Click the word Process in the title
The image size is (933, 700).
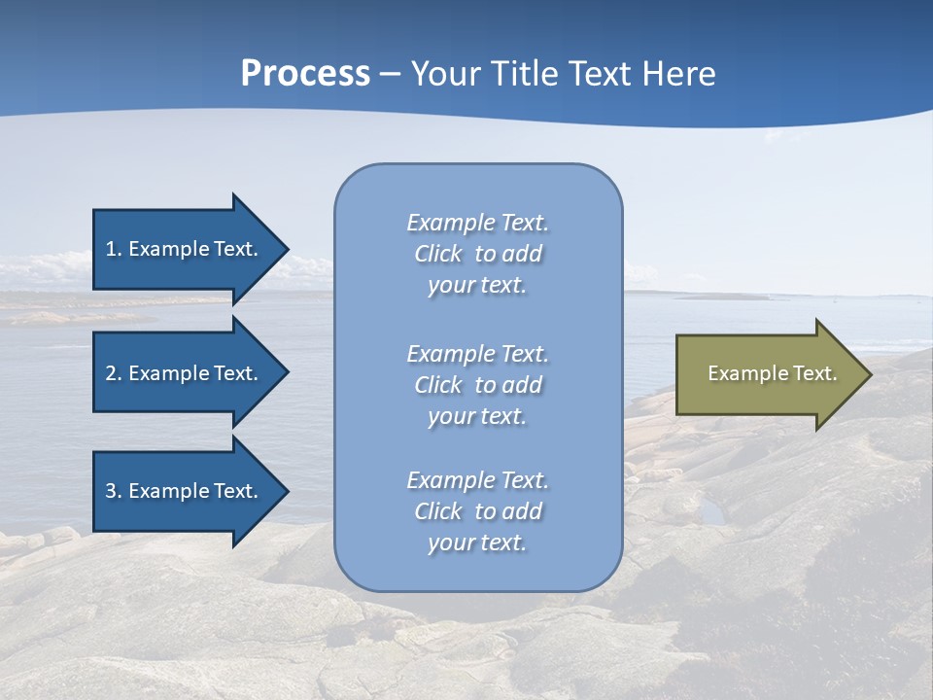point(305,74)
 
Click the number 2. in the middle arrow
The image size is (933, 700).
point(114,373)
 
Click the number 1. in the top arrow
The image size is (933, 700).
point(114,249)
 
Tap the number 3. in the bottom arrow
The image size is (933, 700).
point(114,491)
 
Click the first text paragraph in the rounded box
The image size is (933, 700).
point(477,254)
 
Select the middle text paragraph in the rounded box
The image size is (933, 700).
point(477,385)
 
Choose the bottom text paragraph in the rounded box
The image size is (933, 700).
point(477,511)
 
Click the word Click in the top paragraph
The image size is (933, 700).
point(437,254)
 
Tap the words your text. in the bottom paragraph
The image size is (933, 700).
point(477,542)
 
